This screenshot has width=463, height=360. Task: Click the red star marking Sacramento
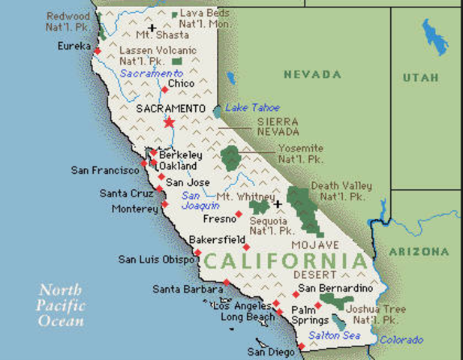[169, 122]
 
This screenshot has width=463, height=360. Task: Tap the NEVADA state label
[311, 74]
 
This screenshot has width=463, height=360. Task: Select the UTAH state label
[420, 77]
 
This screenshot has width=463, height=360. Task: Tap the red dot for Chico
[164, 90]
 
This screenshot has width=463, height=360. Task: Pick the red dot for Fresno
[239, 214]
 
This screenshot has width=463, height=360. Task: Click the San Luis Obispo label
[157, 259]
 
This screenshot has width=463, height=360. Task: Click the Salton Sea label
[336, 335]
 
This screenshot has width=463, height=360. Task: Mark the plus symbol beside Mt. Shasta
[152, 28]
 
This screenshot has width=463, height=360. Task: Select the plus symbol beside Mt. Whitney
[277, 203]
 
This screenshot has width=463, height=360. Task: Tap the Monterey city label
[135, 208]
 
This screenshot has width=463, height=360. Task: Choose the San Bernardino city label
[335, 289]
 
